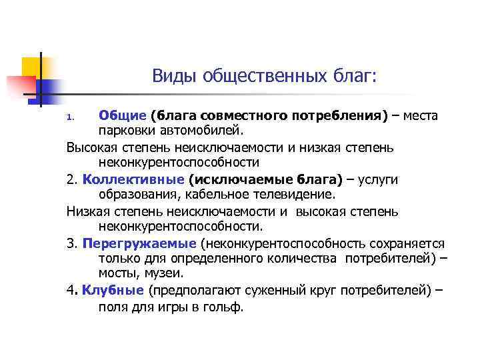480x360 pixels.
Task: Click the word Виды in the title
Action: click(171, 77)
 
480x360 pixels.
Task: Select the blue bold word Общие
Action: click(122, 116)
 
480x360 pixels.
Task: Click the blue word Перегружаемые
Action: click(139, 243)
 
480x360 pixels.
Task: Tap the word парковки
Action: click(125, 131)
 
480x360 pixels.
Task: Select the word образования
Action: click(137, 195)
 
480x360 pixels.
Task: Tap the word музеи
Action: click(165, 273)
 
